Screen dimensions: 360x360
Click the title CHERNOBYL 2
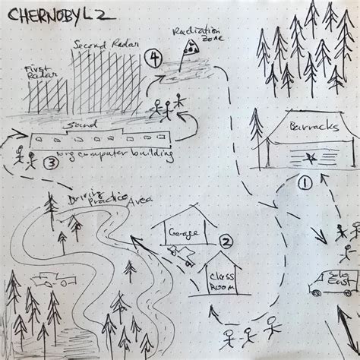[x=49, y=12]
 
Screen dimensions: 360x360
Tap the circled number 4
[x=156, y=58]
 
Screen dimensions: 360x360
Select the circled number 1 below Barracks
[x=305, y=182]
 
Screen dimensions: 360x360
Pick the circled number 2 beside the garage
[x=225, y=242]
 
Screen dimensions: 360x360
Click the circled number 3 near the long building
[x=51, y=161]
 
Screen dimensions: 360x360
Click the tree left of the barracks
[x=257, y=137]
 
